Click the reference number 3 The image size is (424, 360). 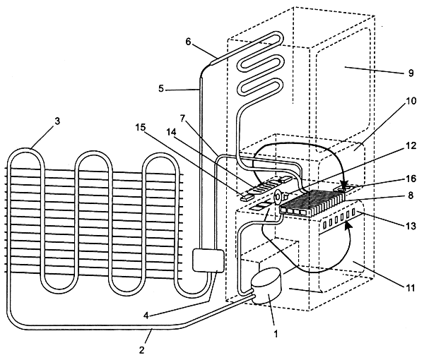pos(57,121)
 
